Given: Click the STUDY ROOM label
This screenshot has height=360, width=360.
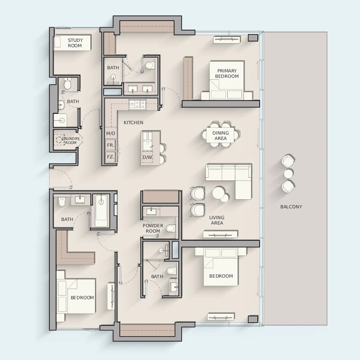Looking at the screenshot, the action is [75, 43].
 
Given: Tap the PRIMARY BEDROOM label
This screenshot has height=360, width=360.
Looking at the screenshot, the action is [227, 73].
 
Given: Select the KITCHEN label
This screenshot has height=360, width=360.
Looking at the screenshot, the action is [133, 122].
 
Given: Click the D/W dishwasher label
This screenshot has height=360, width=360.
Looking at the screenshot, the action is [148, 157].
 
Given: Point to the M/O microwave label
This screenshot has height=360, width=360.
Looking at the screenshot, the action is [111, 133].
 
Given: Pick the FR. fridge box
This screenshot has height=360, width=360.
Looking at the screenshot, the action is [111, 145].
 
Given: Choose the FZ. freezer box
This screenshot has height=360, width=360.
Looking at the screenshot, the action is [111, 157].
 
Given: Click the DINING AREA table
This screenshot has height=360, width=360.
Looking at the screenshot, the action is [220, 135].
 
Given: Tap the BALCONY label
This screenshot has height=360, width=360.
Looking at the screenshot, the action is [291, 207].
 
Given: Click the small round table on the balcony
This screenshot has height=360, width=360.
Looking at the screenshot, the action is [288, 174].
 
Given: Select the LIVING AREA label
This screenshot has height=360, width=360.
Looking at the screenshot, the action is [217, 220].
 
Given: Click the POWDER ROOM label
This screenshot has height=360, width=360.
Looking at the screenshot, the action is [153, 229].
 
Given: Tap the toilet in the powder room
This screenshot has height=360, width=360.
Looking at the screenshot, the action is [171, 229].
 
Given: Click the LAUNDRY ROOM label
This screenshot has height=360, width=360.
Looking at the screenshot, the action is [71, 141].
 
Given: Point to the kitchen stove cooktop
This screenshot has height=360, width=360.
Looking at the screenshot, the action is [137, 104].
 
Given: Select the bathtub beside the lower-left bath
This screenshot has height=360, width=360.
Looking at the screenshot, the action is [101, 211].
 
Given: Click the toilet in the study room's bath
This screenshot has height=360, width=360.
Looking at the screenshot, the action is [67, 84].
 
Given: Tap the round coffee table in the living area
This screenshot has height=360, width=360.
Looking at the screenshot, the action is [219, 193].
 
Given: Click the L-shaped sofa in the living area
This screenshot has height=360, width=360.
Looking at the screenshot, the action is [229, 181].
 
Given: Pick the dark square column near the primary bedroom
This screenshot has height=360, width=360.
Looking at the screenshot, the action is [253, 38].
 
